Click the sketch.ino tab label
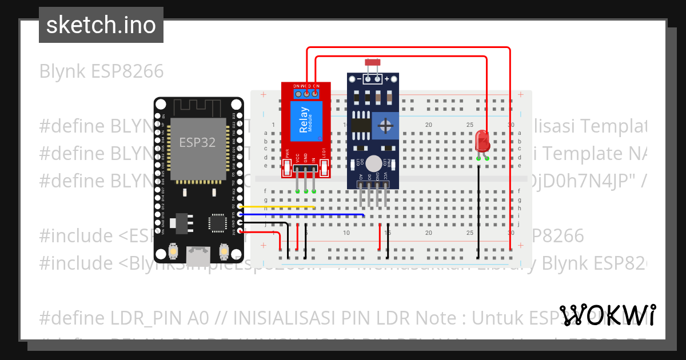[101, 25]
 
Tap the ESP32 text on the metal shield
[197, 142]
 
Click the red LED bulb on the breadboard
[482, 140]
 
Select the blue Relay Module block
[306, 121]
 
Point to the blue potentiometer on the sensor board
[387, 125]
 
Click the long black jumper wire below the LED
[478, 206]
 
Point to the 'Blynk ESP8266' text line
[101, 71]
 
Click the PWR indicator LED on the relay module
[287, 167]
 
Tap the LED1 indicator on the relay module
[325, 167]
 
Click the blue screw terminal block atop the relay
[306, 91]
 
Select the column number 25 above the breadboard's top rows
[469, 125]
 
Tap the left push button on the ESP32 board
[173, 251]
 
